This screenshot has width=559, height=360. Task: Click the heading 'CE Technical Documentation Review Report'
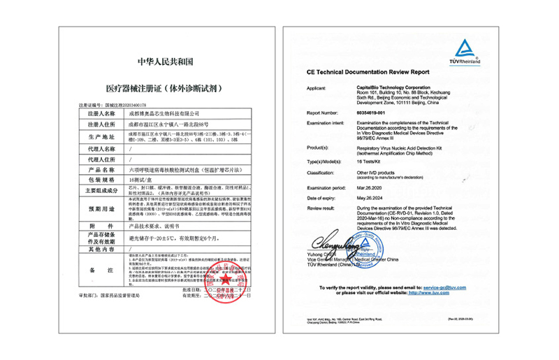tap(368, 72)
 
